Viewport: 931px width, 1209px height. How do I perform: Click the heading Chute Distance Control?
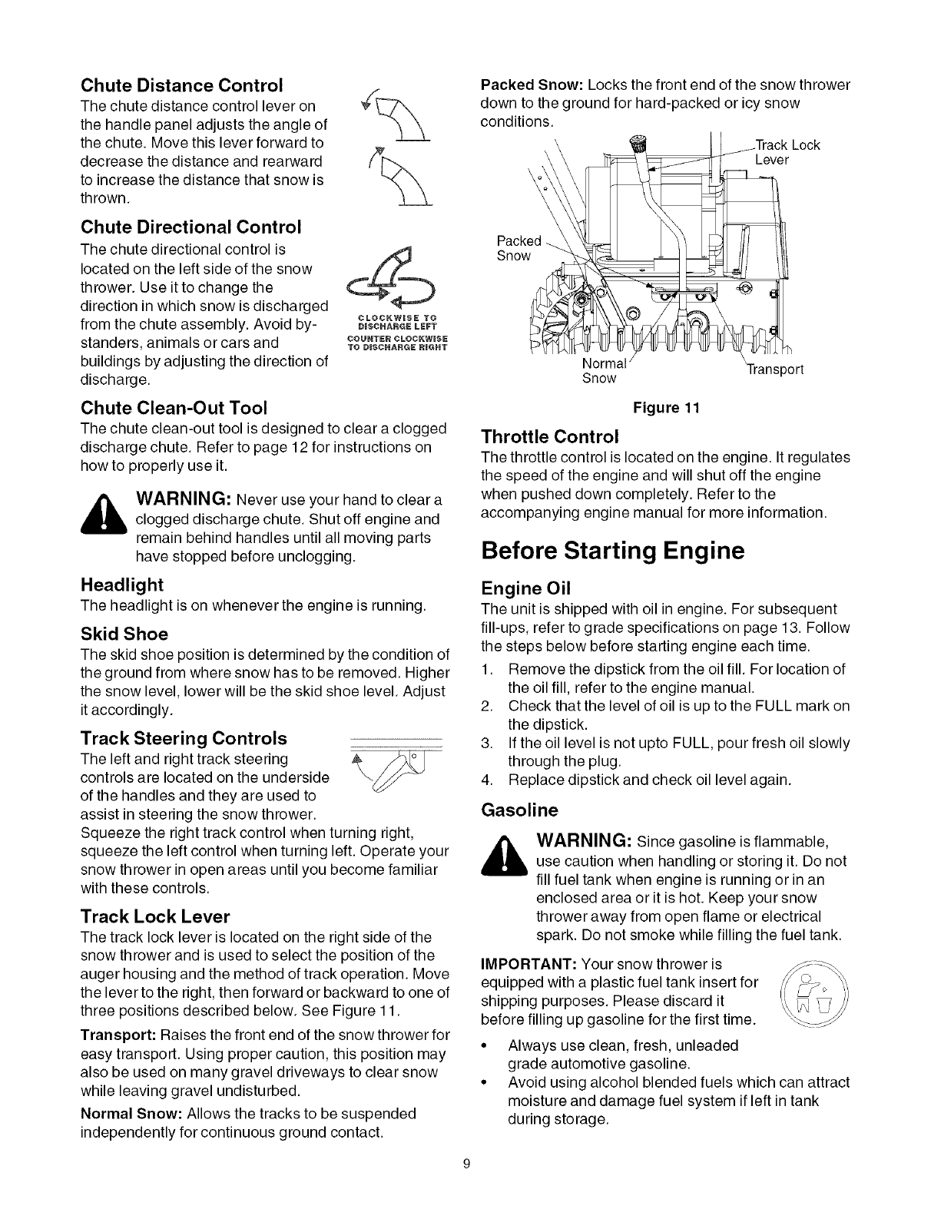pyautogui.click(x=181, y=84)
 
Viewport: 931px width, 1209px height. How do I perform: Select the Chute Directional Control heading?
pyautogui.click(x=191, y=227)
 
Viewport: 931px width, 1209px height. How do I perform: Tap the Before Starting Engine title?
pyautogui.click(x=612, y=552)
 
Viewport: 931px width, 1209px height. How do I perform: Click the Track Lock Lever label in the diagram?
pyautogui.click(x=787, y=152)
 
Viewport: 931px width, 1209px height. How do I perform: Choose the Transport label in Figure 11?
pyautogui.click(x=774, y=369)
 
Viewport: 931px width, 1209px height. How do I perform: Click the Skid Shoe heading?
pyautogui.click(x=124, y=634)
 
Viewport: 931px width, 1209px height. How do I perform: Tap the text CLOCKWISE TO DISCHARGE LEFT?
pyautogui.click(x=398, y=318)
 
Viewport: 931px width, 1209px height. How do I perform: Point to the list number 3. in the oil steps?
pyautogui.click(x=486, y=743)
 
